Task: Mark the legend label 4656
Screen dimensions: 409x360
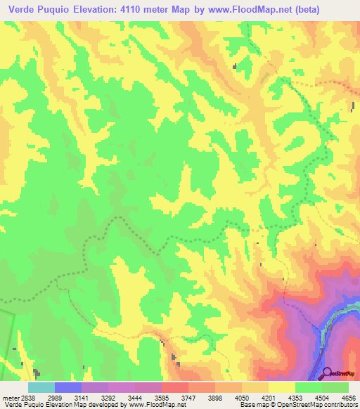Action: click(349, 397)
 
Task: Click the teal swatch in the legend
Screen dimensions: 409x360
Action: click(41, 387)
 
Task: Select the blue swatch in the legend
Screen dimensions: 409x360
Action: click(68, 387)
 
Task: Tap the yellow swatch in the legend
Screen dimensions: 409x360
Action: click(282, 387)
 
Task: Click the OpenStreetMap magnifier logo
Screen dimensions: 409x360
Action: click(328, 372)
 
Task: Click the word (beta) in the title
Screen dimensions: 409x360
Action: click(337, 10)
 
